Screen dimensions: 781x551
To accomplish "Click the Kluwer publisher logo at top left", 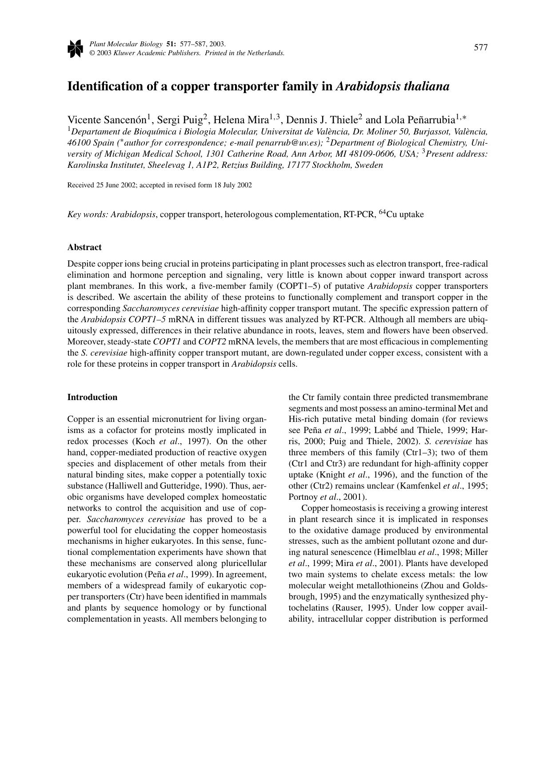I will (75, 49).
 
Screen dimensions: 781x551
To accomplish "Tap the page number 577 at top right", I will (481, 48).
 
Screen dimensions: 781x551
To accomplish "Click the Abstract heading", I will (84, 247).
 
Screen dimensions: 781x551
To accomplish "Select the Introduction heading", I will (92, 397).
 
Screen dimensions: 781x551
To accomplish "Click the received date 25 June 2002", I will (116, 185).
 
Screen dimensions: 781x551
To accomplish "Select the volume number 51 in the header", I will (170, 44).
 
